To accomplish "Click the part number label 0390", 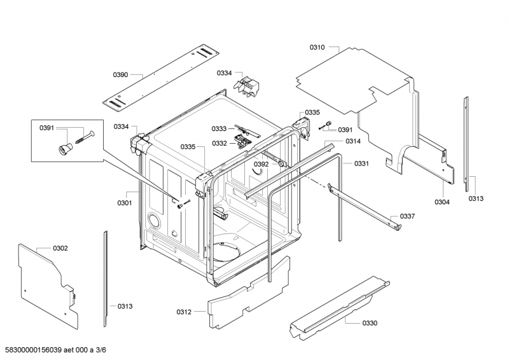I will [x=121, y=75].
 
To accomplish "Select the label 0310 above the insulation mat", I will [x=317, y=47].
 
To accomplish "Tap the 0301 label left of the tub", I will [x=124, y=204].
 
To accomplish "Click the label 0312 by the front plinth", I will [x=184, y=312].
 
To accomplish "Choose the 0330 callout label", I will [x=370, y=323].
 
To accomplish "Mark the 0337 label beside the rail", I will [x=407, y=216].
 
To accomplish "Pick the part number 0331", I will [x=362, y=163].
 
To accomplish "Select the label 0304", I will [x=442, y=202].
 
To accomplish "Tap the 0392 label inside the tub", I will [x=261, y=164].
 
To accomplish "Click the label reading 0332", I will [x=220, y=143].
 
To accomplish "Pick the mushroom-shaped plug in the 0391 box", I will [x=64, y=148].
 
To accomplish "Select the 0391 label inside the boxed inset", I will [x=46, y=128].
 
